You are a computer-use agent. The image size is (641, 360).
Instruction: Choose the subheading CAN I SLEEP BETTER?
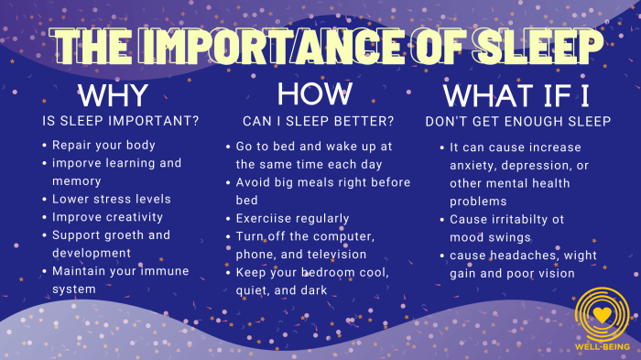click(x=318, y=121)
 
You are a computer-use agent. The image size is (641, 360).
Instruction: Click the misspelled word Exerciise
click(x=266, y=218)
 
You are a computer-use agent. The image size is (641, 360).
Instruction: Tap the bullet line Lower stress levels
click(x=111, y=199)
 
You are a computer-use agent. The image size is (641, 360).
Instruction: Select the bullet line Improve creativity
click(x=107, y=217)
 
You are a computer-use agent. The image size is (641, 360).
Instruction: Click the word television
click(x=335, y=254)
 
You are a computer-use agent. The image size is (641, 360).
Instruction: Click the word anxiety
click(x=473, y=165)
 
